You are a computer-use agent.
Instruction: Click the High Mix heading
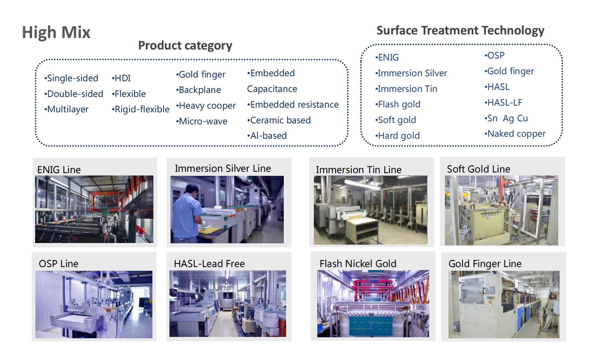pyautogui.click(x=56, y=33)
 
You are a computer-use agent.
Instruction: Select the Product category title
pyautogui.click(x=185, y=45)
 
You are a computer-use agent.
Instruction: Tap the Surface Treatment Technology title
pyautogui.click(x=460, y=30)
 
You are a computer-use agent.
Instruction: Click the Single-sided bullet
pyautogui.click(x=71, y=78)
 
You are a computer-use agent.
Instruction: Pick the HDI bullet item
pyautogui.click(x=121, y=78)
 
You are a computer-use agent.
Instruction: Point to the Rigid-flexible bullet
pyautogui.click(x=141, y=109)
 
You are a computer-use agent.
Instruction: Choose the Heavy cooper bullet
pyautogui.click(x=206, y=106)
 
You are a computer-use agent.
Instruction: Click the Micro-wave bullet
pyautogui.click(x=202, y=121)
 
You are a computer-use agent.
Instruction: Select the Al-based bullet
pyautogui.click(x=267, y=136)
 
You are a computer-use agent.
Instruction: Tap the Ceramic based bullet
pyautogui.click(x=279, y=120)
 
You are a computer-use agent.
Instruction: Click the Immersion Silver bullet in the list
pyautogui.click(x=411, y=73)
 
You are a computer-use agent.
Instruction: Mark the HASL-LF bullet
pyautogui.click(x=503, y=103)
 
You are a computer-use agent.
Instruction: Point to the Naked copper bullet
pyautogui.click(x=515, y=134)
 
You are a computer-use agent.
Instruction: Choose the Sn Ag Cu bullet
pyautogui.click(x=506, y=118)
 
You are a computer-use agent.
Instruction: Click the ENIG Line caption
pyautogui.click(x=59, y=170)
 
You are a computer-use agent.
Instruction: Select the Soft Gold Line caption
pyautogui.click(x=478, y=169)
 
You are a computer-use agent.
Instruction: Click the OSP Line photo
pyautogui.click(x=94, y=304)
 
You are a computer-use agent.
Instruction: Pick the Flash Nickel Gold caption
pyautogui.click(x=358, y=264)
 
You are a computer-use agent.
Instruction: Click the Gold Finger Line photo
pyautogui.click(x=504, y=304)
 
